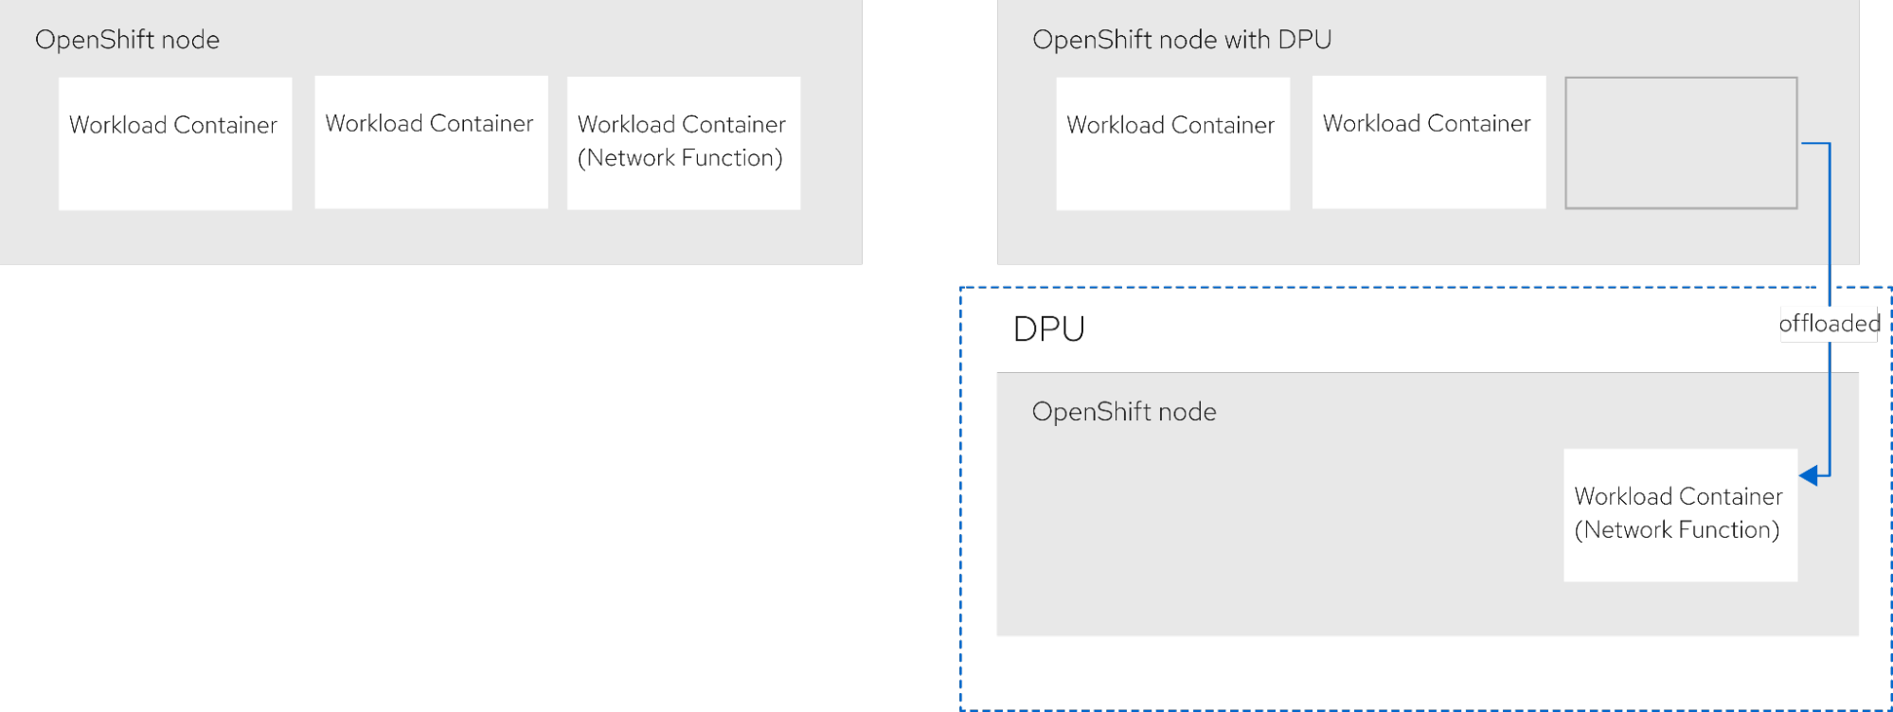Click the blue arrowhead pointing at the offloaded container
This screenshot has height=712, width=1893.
pos(1808,475)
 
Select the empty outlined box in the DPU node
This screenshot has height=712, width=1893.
pos(1681,143)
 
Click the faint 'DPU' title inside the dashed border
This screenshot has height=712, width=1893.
pos(1048,329)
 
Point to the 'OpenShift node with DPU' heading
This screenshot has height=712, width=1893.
pos(1181,40)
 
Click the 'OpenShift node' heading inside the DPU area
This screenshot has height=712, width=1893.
pos(1123,412)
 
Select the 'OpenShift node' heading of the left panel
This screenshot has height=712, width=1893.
pos(127,40)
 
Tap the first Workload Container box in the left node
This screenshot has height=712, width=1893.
pos(175,143)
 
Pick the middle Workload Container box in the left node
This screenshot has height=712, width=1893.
pos(431,142)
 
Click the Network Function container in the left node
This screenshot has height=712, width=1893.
pos(683,143)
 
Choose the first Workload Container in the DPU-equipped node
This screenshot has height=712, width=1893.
pos(1172,143)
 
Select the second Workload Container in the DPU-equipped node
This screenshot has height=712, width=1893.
pos(1428,142)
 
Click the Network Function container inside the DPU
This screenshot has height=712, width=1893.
pos(1680,514)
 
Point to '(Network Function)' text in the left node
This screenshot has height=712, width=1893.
pos(680,158)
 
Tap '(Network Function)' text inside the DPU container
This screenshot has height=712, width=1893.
pos(1676,530)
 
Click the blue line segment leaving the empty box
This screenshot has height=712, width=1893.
pos(1814,144)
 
